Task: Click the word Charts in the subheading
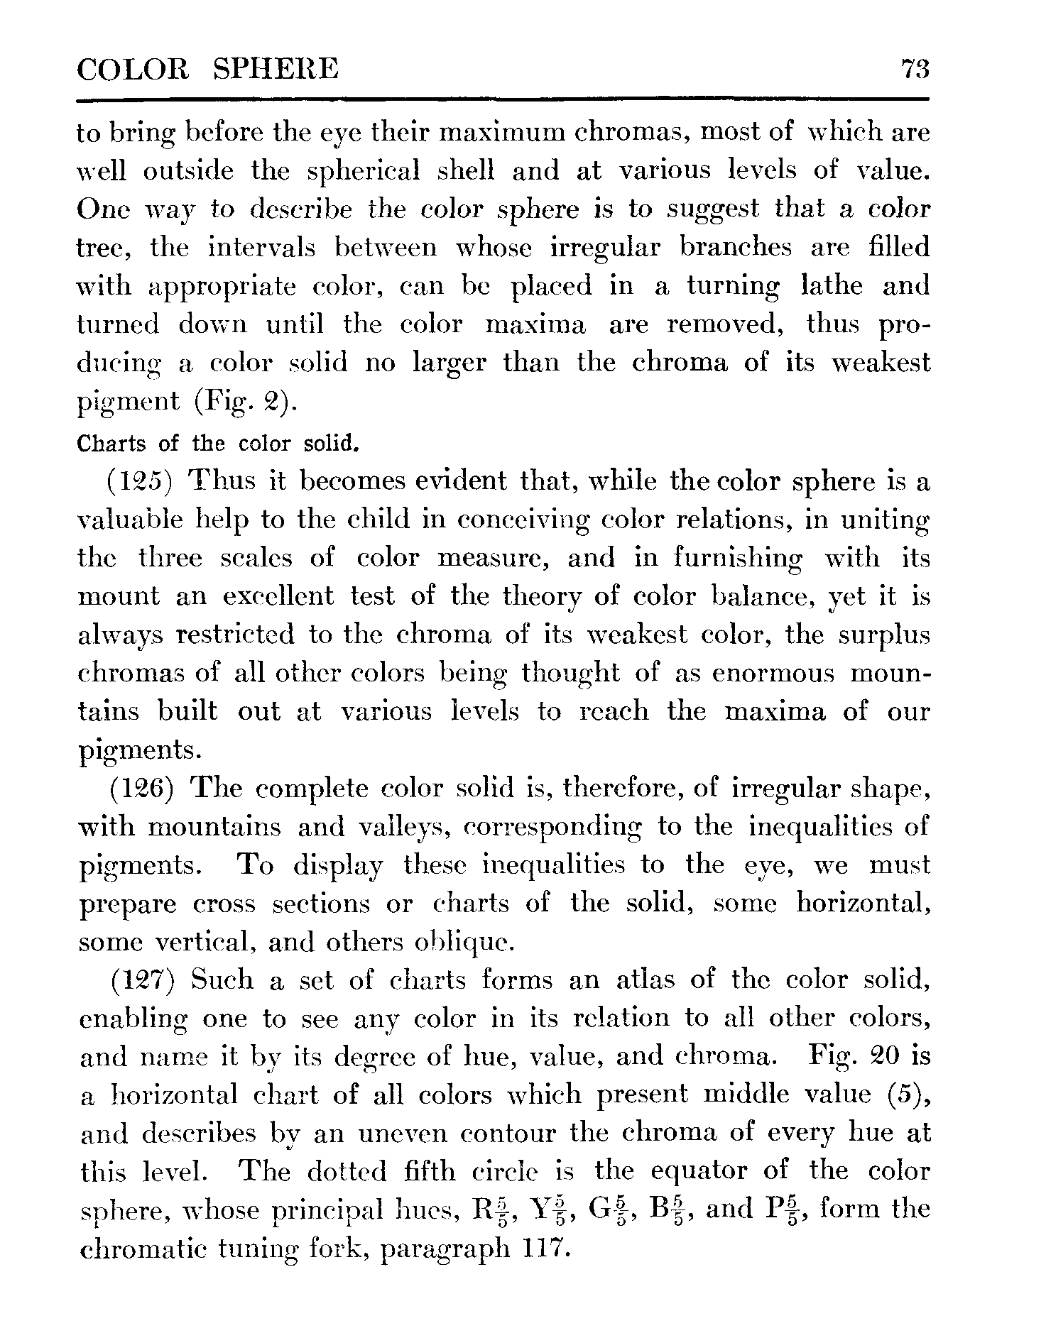click(x=111, y=444)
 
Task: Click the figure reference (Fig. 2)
click(x=242, y=402)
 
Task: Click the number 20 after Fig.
click(x=882, y=1057)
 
